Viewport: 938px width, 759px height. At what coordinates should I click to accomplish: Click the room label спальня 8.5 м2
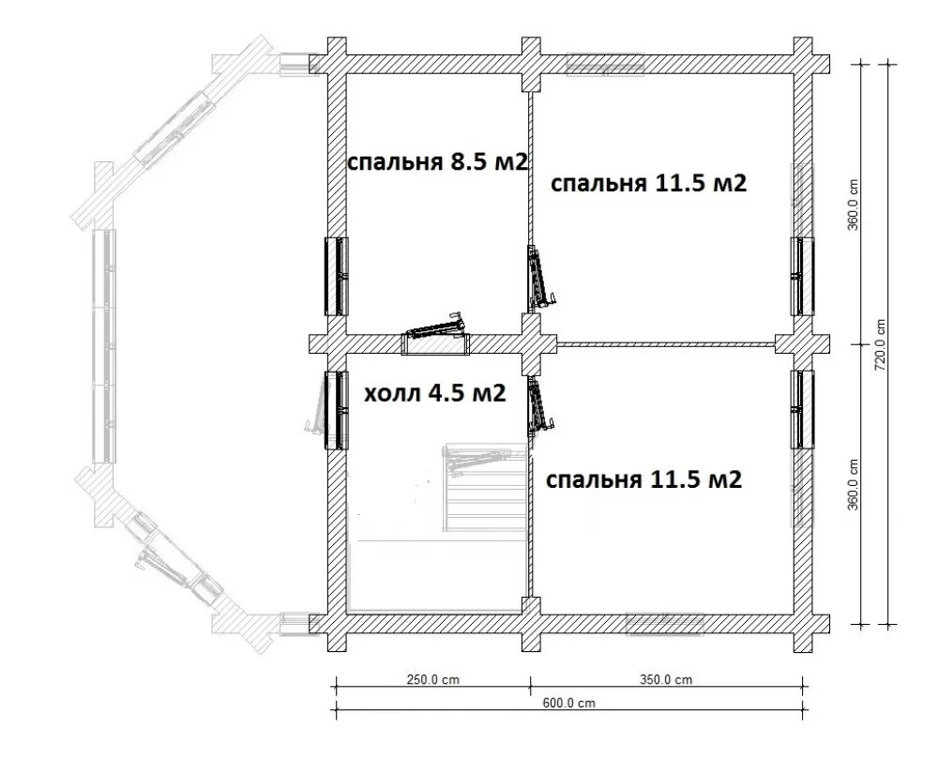437,161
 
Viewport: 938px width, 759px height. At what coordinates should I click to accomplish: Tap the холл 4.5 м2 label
435,393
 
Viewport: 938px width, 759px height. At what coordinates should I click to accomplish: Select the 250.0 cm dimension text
433,679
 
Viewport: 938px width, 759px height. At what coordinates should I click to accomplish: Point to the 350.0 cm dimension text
666,679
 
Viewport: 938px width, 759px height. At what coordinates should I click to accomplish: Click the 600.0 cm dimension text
569,703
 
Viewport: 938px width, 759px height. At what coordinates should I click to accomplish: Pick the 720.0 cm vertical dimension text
880,344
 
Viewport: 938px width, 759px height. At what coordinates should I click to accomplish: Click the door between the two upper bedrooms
539,278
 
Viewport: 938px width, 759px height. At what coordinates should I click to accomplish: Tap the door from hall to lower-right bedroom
539,408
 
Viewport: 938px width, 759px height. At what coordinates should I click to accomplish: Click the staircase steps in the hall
484,488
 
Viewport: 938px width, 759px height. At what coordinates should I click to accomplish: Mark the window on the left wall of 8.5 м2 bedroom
336,277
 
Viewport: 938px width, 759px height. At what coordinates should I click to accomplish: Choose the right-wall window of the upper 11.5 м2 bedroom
802,276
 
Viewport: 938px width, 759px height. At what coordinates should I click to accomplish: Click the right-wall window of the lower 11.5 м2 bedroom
802,409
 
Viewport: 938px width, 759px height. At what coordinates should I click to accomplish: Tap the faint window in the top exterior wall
605,65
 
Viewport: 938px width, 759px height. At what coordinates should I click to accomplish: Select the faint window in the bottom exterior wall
664,623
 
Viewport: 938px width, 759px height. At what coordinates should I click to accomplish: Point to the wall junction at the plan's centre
531,344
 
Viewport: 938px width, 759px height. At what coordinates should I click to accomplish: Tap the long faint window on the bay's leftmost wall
105,346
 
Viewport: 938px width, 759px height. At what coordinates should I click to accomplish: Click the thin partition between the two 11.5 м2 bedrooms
666,344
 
